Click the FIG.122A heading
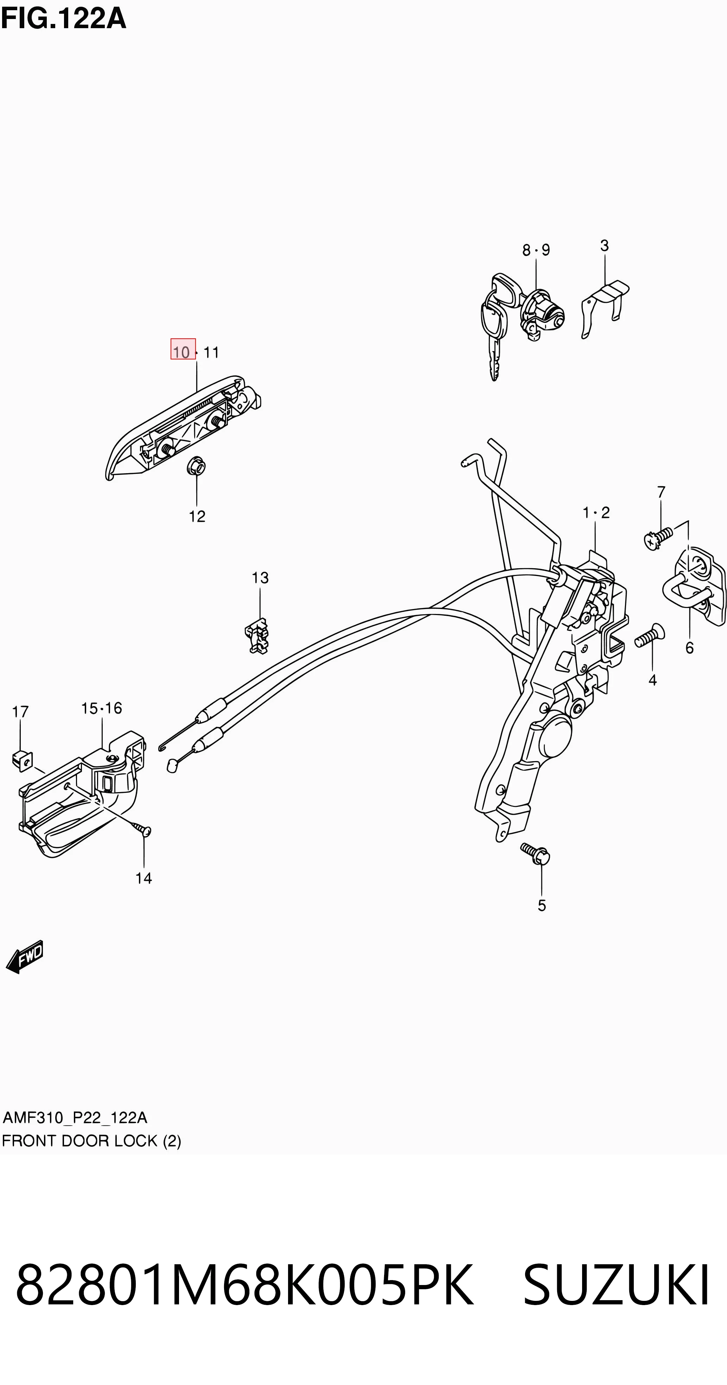pyautogui.click(x=63, y=18)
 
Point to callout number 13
pyautogui.click(x=260, y=578)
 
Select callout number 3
pyautogui.click(x=605, y=246)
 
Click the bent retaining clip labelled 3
pyautogui.click(x=604, y=308)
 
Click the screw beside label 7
pyautogui.click(x=658, y=539)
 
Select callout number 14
pyautogui.click(x=144, y=878)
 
